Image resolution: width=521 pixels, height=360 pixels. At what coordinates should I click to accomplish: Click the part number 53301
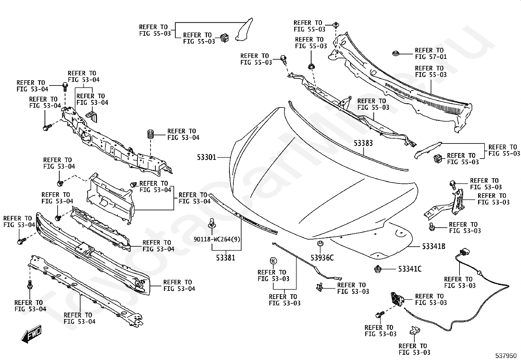point(207,158)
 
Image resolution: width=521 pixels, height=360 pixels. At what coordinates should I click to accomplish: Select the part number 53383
point(363,143)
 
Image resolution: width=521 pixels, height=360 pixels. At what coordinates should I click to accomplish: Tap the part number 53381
point(225,258)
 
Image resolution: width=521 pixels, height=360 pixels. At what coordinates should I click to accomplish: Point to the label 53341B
point(434,246)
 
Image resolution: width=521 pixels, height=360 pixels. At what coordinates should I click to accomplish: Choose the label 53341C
point(410,269)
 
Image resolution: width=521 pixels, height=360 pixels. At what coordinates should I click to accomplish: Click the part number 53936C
point(322,258)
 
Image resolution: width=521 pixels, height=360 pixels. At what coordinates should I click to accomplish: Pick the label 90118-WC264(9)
point(217,239)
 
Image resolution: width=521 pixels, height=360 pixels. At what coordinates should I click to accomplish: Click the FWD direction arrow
point(31,334)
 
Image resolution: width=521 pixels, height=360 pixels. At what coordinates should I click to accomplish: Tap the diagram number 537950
point(506,356)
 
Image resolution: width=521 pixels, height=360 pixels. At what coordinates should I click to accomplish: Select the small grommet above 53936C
point(320,244)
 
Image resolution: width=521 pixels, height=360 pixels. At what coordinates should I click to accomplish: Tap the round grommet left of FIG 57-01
point(395,53)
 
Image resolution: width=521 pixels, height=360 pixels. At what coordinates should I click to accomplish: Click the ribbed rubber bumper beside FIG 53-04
point(151,134)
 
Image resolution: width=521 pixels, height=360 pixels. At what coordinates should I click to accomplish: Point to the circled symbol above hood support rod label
point(273,260)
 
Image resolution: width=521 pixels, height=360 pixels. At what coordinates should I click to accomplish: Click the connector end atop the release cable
point(463,252)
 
